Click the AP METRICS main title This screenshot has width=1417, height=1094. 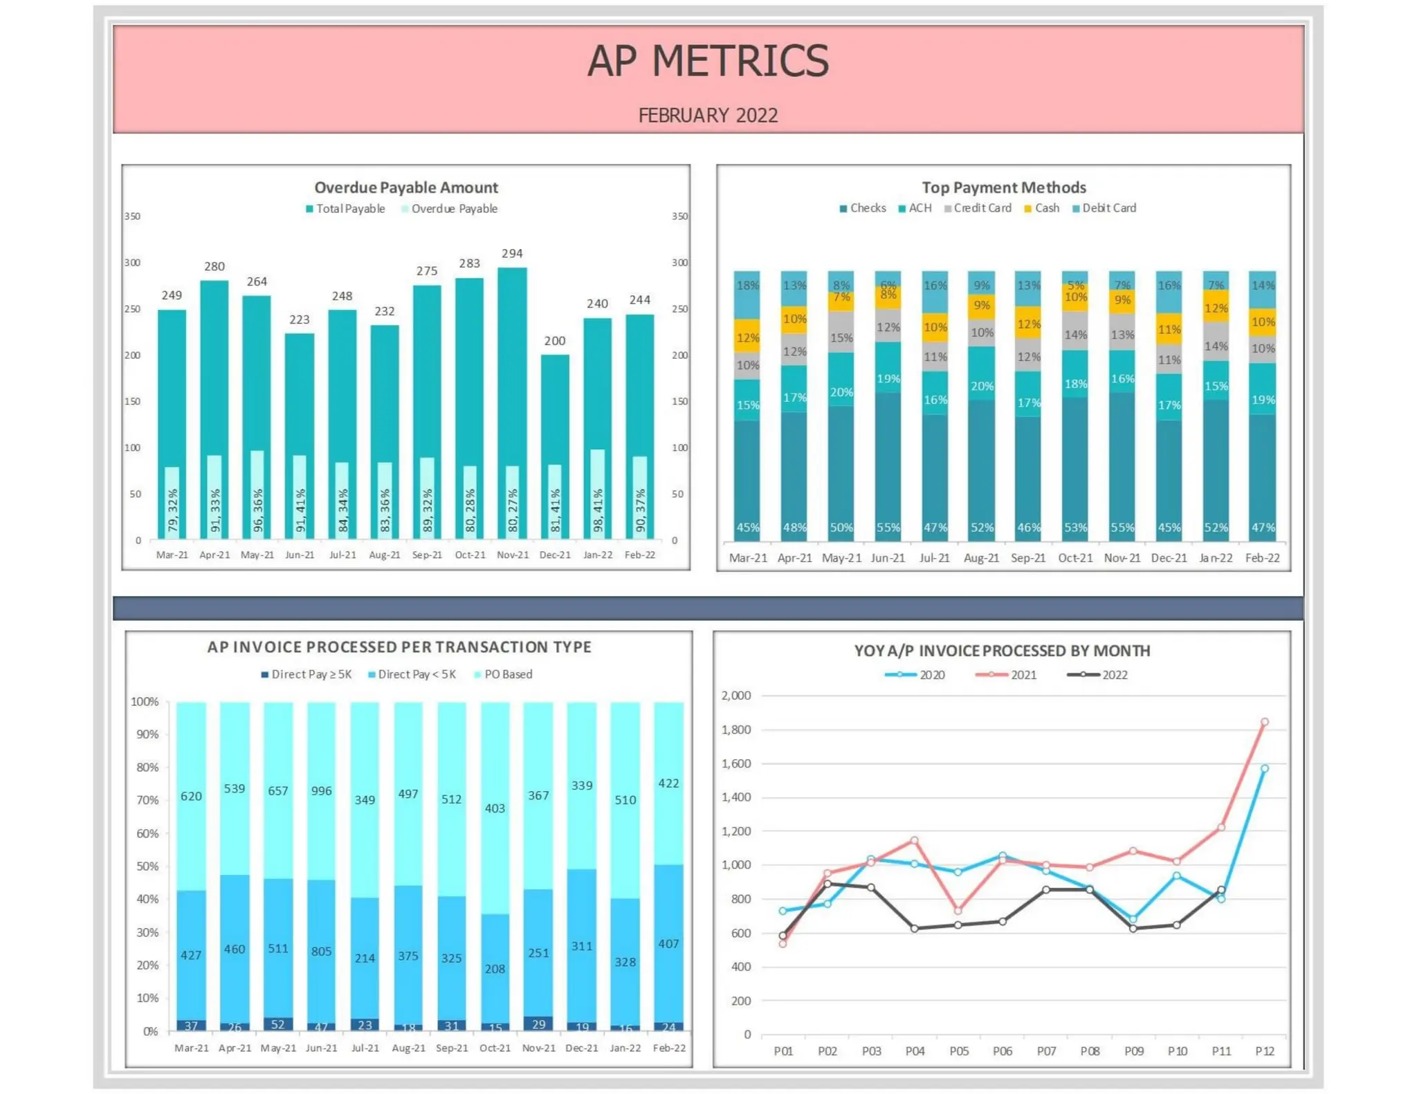pyautogui.click(x=708, y=61)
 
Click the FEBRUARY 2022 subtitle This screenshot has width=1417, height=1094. pyautogui.click(x=708, y=115)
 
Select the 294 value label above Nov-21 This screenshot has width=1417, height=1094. pyautogui.click(x=512, y=254)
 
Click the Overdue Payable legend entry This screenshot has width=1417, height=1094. pyautogui.click(x=454, y=209)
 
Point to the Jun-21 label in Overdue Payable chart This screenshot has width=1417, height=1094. pyautogui.click(x=300, y=555)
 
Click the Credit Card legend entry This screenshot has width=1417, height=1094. pyautogui.click(x=982, y=208)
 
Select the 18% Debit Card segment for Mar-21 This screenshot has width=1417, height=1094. pyautogui.click(x=747, y=286)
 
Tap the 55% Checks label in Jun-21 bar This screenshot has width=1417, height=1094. pyautogui.click(x=888, y=528)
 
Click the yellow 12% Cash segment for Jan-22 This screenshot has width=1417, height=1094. pyautogui.click(x=1216, y=308)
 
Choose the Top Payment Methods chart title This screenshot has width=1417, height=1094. pyautogui.click(x=1003, y=187)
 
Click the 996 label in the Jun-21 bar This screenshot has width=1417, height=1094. pyautogui.click(x=321, y=790)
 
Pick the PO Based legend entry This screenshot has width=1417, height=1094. pyautogui.click(x=508, y=674)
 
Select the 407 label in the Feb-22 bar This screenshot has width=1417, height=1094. pyautogui.click(x=668, y=944)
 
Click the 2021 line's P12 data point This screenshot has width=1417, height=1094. pyautogui.click(x=1265, y=722)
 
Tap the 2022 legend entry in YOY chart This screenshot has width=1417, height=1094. pyautogui.click(x=1114, y=675)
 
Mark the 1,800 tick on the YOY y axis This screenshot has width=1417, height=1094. pyautogui.click(x=736, y=730)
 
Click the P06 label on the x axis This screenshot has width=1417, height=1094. pyautogui.click(x=1003, y=1051)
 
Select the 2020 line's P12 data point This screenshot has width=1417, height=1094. pyautogui.click(x=1265, y=768)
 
